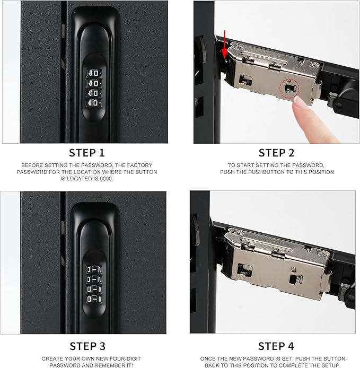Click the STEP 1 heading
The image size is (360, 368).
pos(87,153)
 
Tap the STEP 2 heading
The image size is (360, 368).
pos(276,153)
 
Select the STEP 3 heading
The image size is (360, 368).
pos(87,346)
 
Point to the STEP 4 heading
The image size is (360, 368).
pos(276,346)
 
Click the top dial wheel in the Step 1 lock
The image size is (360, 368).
pos(95,73)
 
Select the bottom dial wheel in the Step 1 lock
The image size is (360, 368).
pos(95,102)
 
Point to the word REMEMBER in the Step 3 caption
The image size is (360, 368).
pos(100,365)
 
